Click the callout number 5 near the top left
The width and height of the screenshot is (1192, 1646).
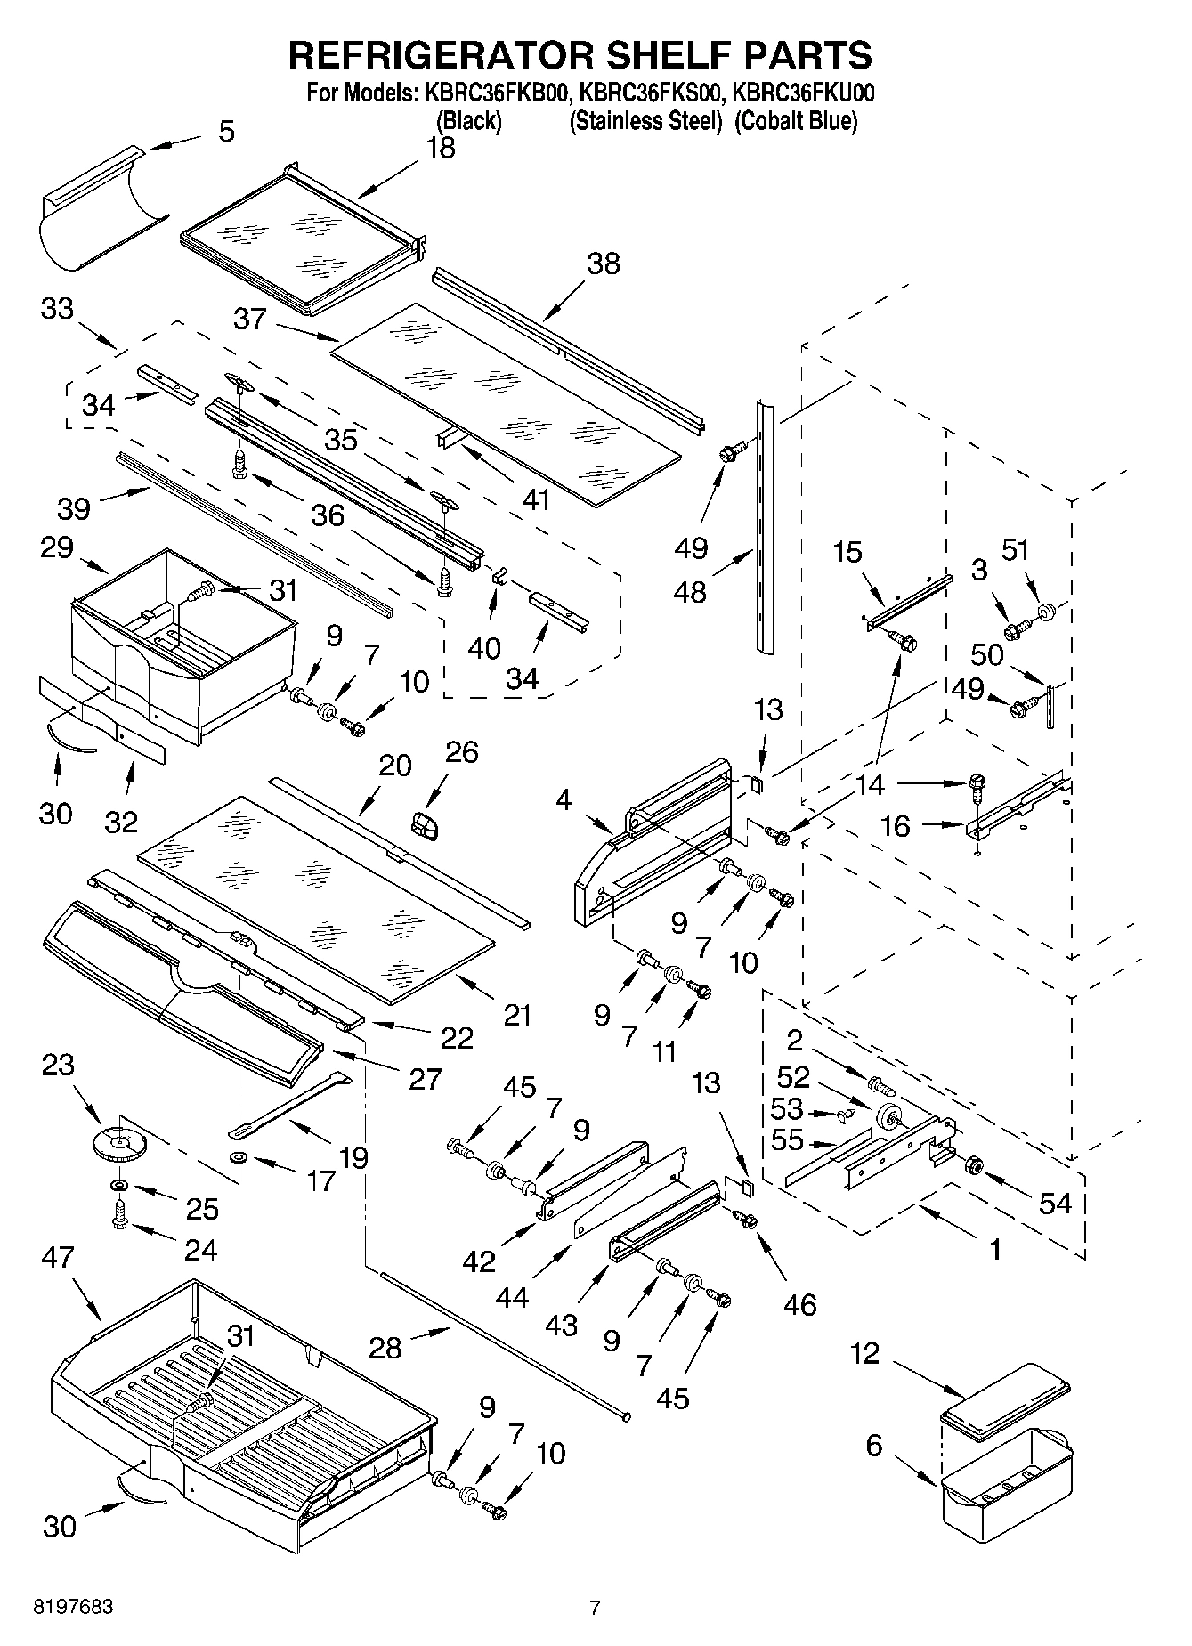227,132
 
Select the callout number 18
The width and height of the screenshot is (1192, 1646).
440,148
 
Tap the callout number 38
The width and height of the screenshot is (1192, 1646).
603,264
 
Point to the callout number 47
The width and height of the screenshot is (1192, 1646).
59,1257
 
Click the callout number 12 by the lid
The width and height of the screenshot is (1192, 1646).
864,1354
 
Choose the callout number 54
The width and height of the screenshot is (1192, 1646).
1055,1203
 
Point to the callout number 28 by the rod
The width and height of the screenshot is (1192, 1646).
385,1348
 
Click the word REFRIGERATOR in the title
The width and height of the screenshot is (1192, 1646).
441,55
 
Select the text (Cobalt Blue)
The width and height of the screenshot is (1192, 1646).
796,121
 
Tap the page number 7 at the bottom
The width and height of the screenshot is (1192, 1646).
595,1608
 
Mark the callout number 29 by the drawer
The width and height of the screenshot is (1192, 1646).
56,547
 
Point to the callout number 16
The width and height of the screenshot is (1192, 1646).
896,826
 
